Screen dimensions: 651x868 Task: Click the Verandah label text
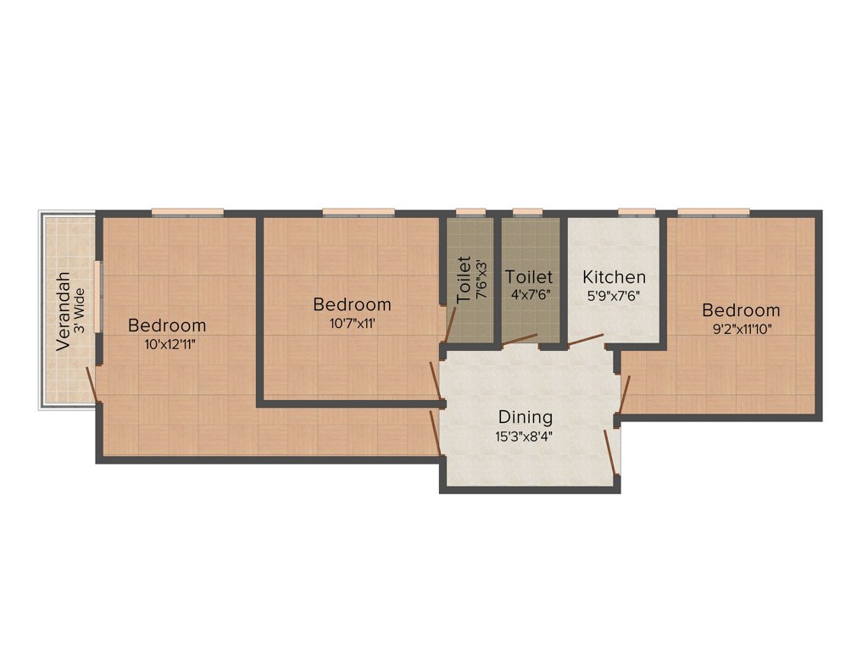tap(63, 311)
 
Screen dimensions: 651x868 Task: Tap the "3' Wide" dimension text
tap(80, 311)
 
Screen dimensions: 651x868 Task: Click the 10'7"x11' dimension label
tap(352, 323)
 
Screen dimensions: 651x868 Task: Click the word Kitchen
tap(615, 277)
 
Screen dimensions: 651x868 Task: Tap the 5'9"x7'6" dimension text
tap(615, 296)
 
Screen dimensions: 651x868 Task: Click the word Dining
tap(526, 417)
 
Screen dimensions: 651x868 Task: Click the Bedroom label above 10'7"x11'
tap(352, 304)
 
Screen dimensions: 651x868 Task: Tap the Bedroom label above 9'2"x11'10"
tap(741, 311)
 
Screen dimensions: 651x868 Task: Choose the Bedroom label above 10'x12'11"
tap(167, 325)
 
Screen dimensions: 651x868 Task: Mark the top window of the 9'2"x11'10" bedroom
tap(713, 212)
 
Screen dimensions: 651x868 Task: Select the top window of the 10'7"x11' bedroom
tap(359, 212)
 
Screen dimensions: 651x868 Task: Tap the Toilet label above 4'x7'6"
tap(529, 277)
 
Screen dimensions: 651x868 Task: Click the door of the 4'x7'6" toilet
tap(519, 341)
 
